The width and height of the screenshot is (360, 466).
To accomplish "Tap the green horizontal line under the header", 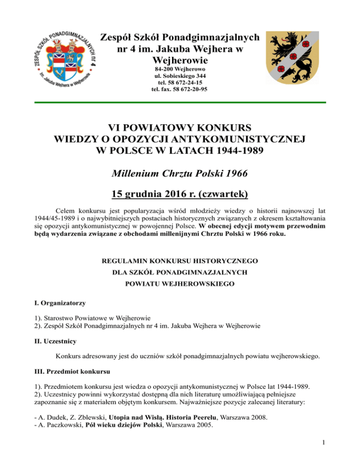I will pos(180,102).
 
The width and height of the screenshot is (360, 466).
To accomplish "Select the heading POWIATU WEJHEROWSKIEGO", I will pos(180,284).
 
